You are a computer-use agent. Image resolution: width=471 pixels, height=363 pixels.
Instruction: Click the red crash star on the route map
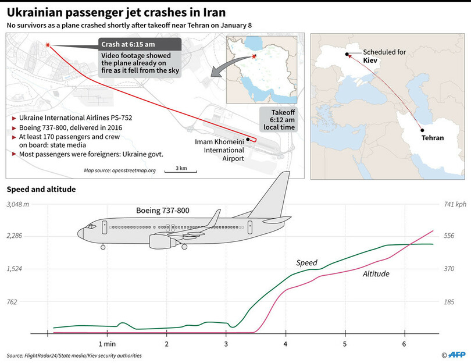tap(47, 45)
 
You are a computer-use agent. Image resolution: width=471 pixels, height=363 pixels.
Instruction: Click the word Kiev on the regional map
tap(371, 60)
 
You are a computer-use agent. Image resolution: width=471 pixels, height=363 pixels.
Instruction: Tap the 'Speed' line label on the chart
tap(306, 262)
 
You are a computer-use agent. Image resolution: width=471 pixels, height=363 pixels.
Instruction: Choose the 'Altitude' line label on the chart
tap(376, 273)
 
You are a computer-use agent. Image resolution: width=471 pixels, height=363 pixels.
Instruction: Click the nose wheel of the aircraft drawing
tap(103, 247)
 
